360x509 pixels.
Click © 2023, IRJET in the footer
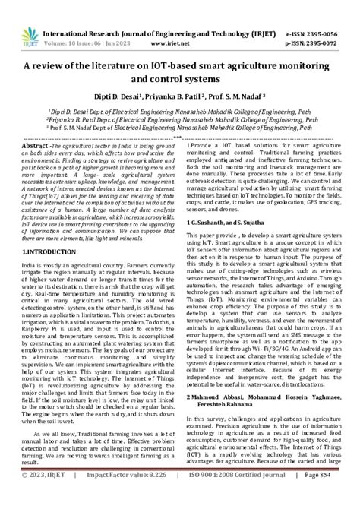46,495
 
